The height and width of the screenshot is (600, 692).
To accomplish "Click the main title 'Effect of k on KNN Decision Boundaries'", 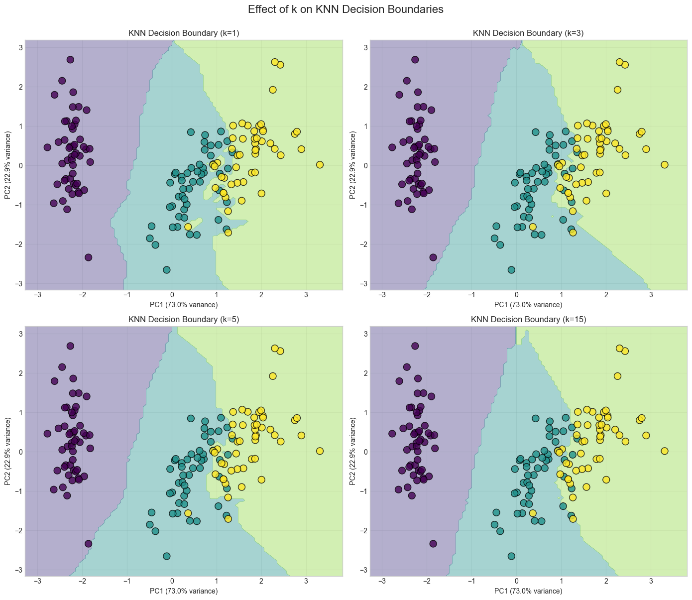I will point(346,9).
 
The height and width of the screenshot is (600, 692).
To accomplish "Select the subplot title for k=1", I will point(184,33).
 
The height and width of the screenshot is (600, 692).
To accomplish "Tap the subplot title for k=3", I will point(528,33).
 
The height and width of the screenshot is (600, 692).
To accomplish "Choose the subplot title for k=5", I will point(184,320).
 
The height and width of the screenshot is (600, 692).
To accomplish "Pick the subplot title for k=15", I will point(528,320).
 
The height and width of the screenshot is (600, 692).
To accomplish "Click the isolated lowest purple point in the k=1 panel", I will point(88,257).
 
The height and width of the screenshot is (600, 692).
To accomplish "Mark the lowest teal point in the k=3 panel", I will point(511,270).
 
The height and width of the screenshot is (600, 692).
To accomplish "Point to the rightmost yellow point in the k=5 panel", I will point(320,451).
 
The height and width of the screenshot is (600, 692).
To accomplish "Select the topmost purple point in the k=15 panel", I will point(415,346).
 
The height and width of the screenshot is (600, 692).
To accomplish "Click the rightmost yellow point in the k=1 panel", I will point(320,165).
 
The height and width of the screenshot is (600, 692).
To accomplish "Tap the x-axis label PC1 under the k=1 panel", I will point(184,305).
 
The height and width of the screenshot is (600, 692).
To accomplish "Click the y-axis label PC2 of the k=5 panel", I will point(7,451).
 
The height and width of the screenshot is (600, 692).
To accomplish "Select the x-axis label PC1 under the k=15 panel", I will point(528,591).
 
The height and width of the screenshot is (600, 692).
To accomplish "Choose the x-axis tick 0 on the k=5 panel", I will point(172,581).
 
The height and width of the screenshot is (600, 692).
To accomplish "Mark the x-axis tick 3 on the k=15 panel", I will point(651,581).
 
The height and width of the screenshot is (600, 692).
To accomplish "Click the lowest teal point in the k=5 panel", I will point(167,556).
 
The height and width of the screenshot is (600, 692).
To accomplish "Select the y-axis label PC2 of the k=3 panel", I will point(352,165).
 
